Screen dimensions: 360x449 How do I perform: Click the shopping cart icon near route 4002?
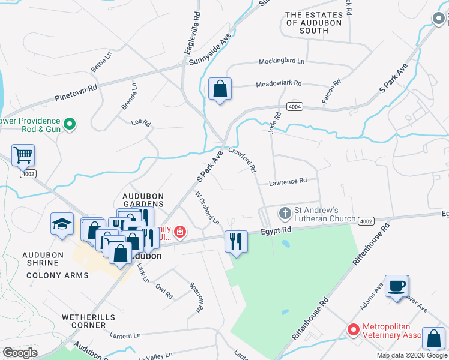click(x=23, y=155)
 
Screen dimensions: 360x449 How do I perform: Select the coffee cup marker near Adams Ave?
click(x=396, y=286)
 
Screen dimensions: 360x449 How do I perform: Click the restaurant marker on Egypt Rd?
click(x=235, y=242)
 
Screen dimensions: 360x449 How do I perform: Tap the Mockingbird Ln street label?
click(x=282, y=61)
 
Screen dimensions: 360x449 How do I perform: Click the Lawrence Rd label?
click(x=288, y=181)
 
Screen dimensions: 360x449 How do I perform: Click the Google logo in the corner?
click(x=20, y=352)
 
